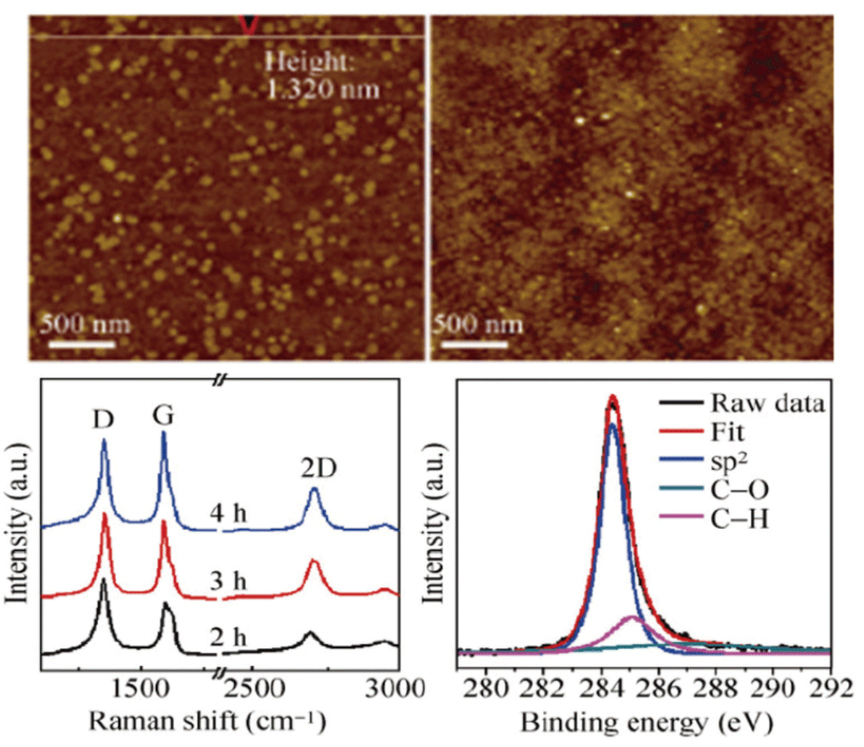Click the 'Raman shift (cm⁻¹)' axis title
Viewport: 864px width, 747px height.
(x=207, y=720)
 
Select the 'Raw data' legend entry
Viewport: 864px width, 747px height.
(x=767, y=403)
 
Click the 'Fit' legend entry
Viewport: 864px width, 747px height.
(x=727, y=432)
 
